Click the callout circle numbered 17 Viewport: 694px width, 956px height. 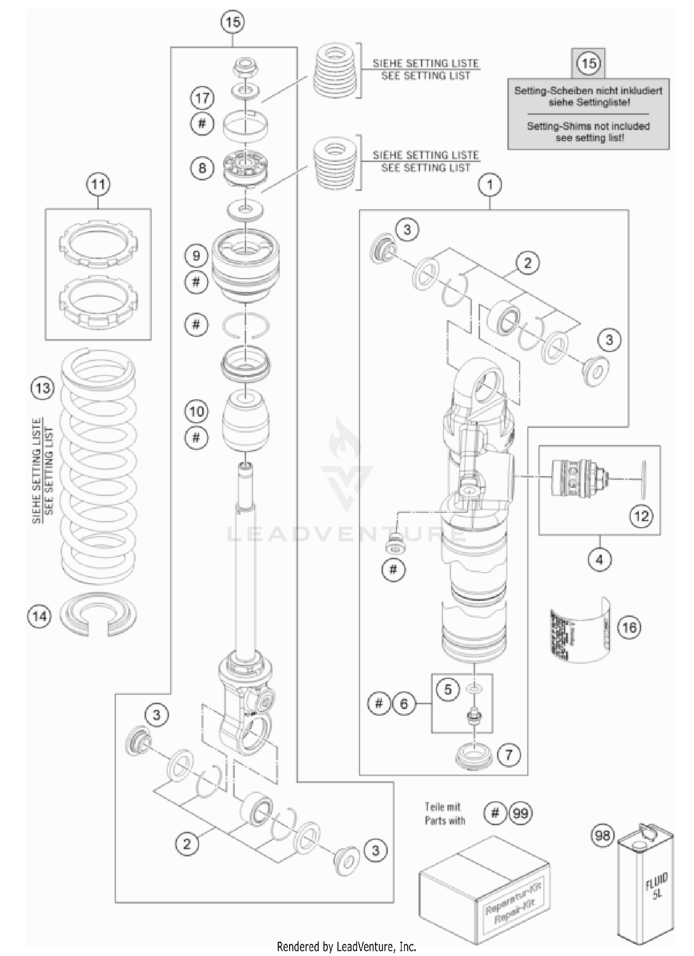coord(203,98)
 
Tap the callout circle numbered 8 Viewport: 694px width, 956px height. coord(203,167)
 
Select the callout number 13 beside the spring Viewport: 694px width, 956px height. coord(43,388)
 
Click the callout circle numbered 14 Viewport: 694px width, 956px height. coord(40,616)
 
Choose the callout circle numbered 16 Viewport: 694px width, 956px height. coord(630,628)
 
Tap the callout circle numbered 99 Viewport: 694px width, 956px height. coord(520,813)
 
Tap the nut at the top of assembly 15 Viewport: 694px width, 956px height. coord(246,68)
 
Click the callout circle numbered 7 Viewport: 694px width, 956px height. coord(509,755)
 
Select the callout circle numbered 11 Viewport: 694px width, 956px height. coord(98,185)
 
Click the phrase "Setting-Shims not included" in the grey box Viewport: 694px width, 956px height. coord(588,126)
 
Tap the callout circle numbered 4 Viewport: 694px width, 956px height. coord(600,560)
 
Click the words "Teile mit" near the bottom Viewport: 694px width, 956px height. coord(443,807)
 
